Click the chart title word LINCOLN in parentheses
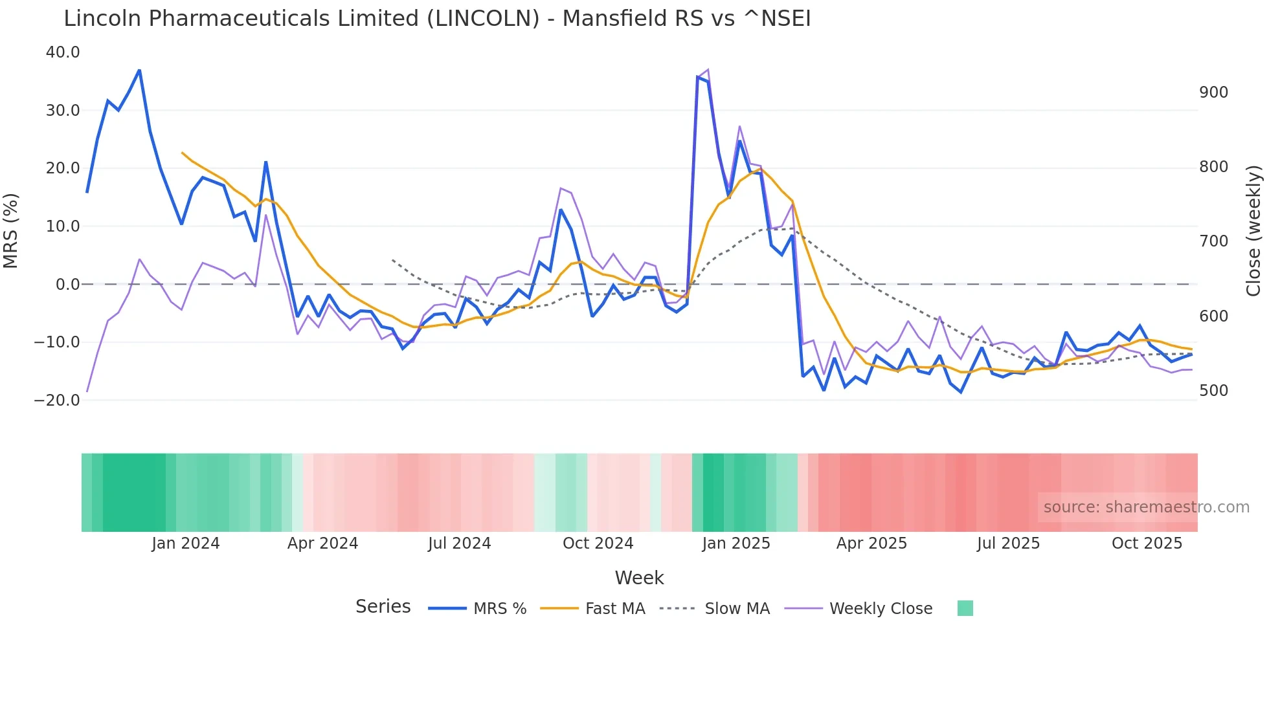pyautogui.click(x=482, y=19)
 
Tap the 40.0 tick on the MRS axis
pyautogui.click(x=63, y=52)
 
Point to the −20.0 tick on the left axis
pyautogui.click(x=57, y=400)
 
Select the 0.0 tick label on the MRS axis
pyautogui.click(x=68, y=285)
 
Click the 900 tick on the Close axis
pyautogui.click(x=1213, y=93)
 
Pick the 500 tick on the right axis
pyautogui.click(x=1213, y=391)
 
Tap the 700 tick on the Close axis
pyautogui.click(x=1213, y=241)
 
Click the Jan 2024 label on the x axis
pyautogui.click(x=186, y=543)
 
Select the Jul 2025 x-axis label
pyautogui.click(x=1008, y=543)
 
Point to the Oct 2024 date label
pyautogui.click(x=598, y=543)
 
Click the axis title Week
pyautogui.click(x=639, y=578)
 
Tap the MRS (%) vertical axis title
pyautogui.click(x=11, y=230)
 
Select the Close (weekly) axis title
pyautogui.click(x=1254, y=230)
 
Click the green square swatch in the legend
pyautogui.click(x=965, y=608)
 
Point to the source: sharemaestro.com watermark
pyautogui.click(x=1146, y=507)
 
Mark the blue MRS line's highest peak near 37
pyautogui.click(x=139, y=70)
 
